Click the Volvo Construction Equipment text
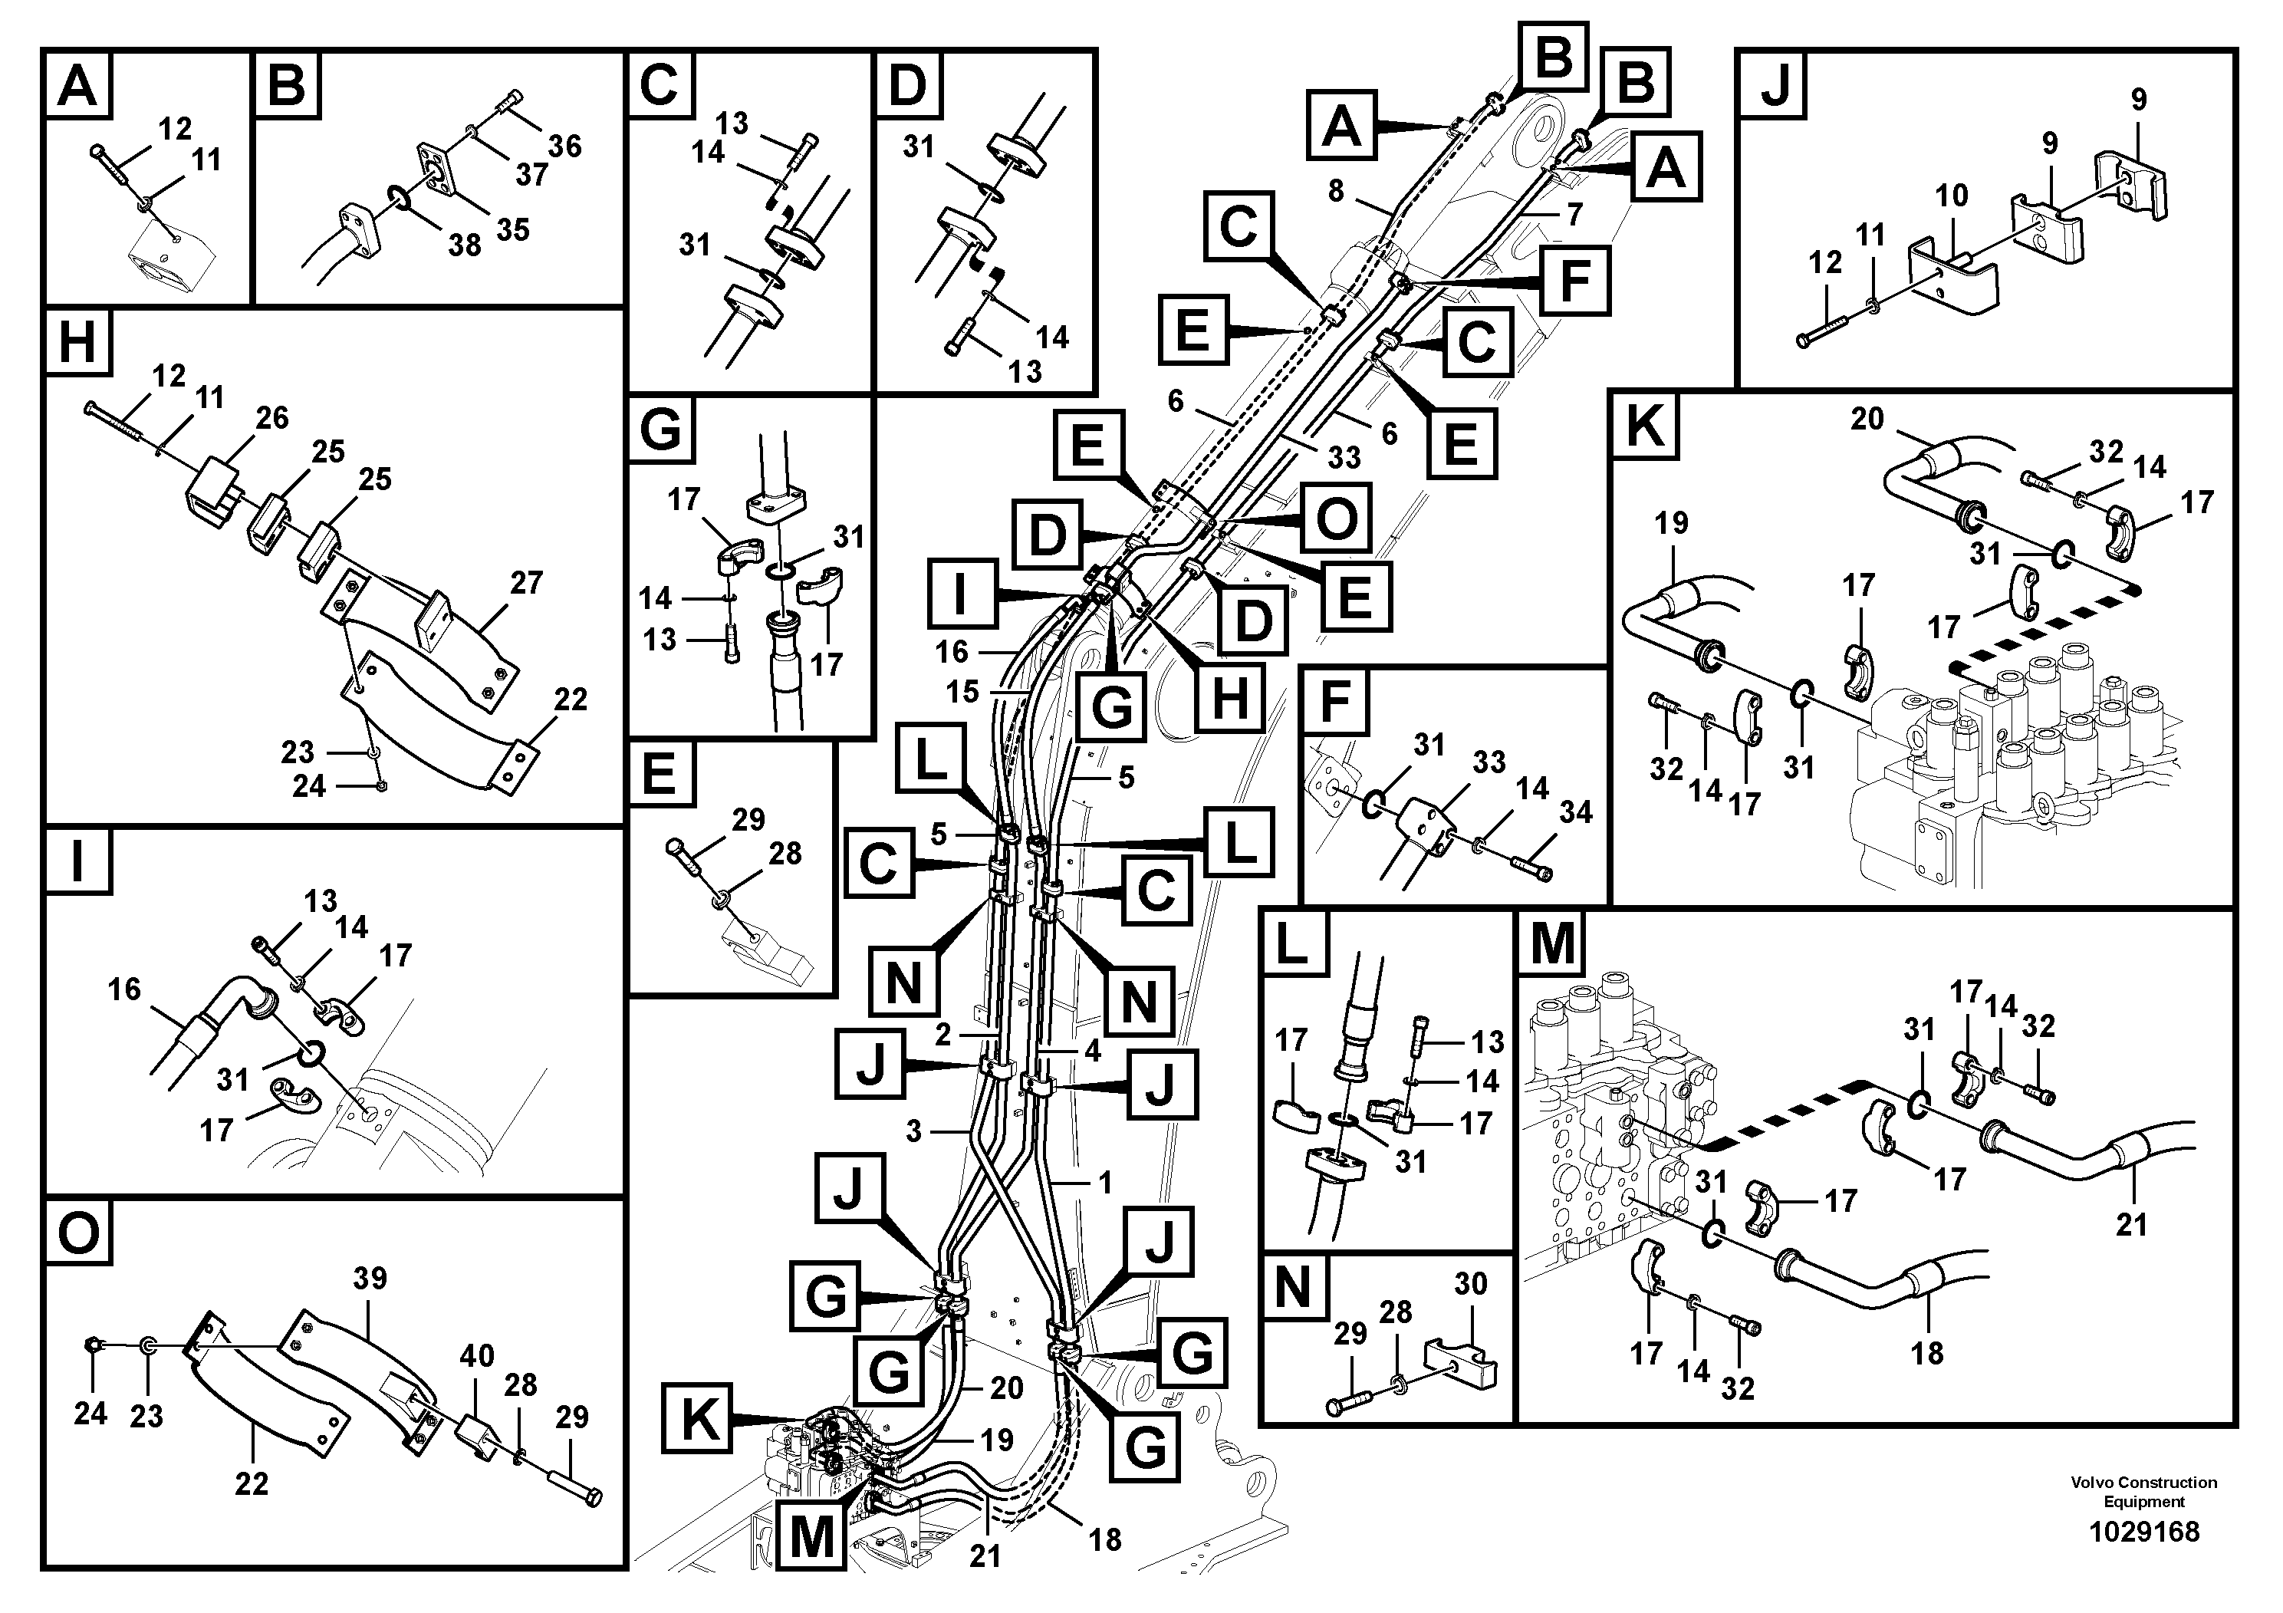tap(2143, 1492)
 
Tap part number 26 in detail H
tap(271, 418)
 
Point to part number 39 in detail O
tap(370, 1278)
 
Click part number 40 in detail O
tap(476, 1355)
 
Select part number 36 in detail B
tap(564, 146)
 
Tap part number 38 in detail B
tap(465, 245)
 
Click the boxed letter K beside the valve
tap(698, 1420)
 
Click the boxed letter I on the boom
tap(961, 594)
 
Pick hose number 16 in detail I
tap(124, 989)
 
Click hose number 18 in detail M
tap(1926, 1352)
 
